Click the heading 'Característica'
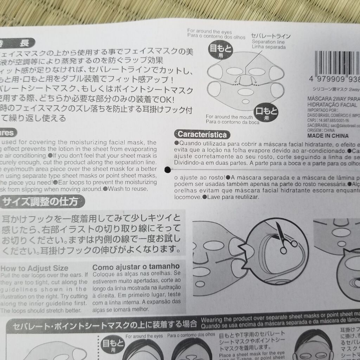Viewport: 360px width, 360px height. pyautogui.click(x=202, y=134)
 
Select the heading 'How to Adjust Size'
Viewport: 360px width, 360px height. pyautogui.click(x=35, y=268)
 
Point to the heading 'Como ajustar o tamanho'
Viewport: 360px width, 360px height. pyautogui.click(x=136, y=266)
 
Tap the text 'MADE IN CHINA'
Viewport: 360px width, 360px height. pyautogui.click(x=328, y=136)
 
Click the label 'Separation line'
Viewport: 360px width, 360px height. pyautogui.click(x=268, y=42)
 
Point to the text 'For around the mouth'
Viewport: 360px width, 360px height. pyautogui.click(x=229, y=117)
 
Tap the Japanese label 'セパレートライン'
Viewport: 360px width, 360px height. pyautogui.click(x=271, y=36)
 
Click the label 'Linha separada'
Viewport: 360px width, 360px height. pyautogui.click(x=268, y=47)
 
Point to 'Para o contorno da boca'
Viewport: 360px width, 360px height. pyautogui.click(x=233, y=122)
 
